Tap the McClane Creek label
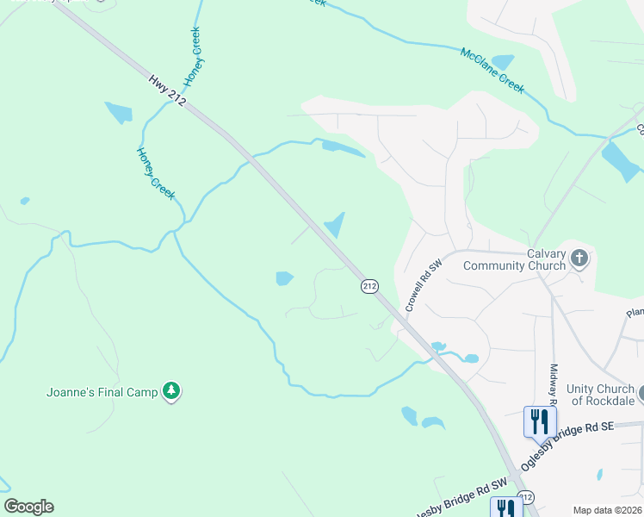pyautogui.click(x=492, y=69)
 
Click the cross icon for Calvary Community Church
pyautogui.click(x=579, y=258)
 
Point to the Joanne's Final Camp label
pyautogui.click(x=102, y=392)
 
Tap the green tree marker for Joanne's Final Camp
pyautogui.click(x=172, y=391)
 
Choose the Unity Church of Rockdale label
pyautogui.click(x=604, y=395)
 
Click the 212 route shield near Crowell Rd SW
pyautogui.click(x=369, y=286)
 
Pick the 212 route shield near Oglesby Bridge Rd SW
pyautogui.click(x=526, y=498)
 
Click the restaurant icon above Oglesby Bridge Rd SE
pyautogui.click(x=540, y=421)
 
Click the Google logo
pyautogui.click(x=28, y=507)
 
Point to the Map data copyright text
pyautogui.click(x=608, y=509)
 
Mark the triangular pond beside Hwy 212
pyautogui.click(x=335, y=227)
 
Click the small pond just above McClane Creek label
pyautogui.click(x=502, y=61)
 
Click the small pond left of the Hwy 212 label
pyautogui.click(x=119, y=113)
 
